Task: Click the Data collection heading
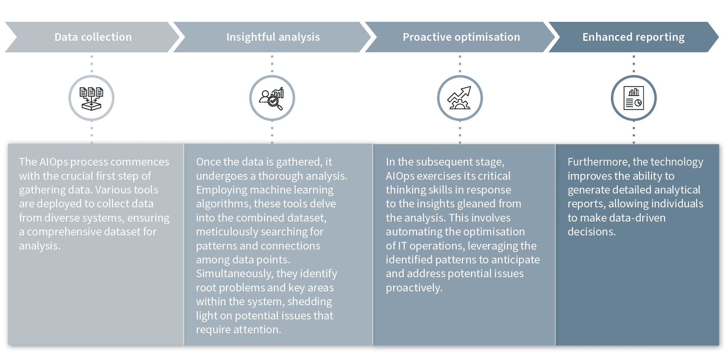click(x=93, y=37)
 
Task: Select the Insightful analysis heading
click(x=273, y=37)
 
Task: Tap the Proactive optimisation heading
click(x=461, y=37)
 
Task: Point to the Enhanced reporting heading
click(x=633, y=37)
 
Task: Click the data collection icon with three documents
click(x=91, y=98)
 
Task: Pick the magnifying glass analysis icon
click(x=272, y=98)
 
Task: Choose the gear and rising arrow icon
click(x=460, y=98)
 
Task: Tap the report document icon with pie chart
click(x=633, y=98)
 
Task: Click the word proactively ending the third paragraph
click(x=414, y=288)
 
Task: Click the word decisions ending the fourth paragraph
click(x=591, y=232)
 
